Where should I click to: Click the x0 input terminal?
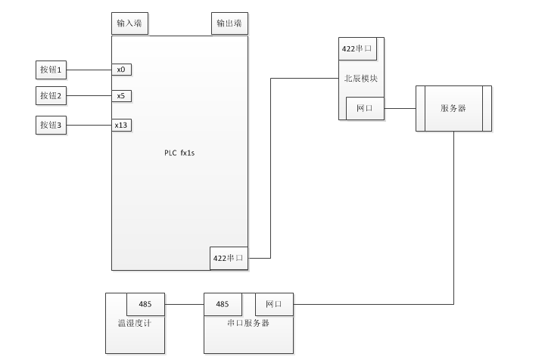point(121,70)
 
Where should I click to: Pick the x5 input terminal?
point(121,96)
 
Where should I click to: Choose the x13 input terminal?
point(121,125)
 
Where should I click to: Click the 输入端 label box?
point(129,24)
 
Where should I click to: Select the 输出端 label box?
point(229,24)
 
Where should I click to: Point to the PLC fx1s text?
point(179,153)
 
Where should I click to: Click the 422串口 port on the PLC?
point(229,258)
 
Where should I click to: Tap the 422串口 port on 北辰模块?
point(357,49)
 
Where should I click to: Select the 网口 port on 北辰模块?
point(364,108)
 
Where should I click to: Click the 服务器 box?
point(453,108)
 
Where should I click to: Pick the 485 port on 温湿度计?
point(145,305)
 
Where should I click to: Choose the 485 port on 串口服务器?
point(223,305)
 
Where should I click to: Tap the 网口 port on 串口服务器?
point(273,305)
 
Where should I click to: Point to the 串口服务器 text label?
point(248,323)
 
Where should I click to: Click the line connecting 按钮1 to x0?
point(89,70)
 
